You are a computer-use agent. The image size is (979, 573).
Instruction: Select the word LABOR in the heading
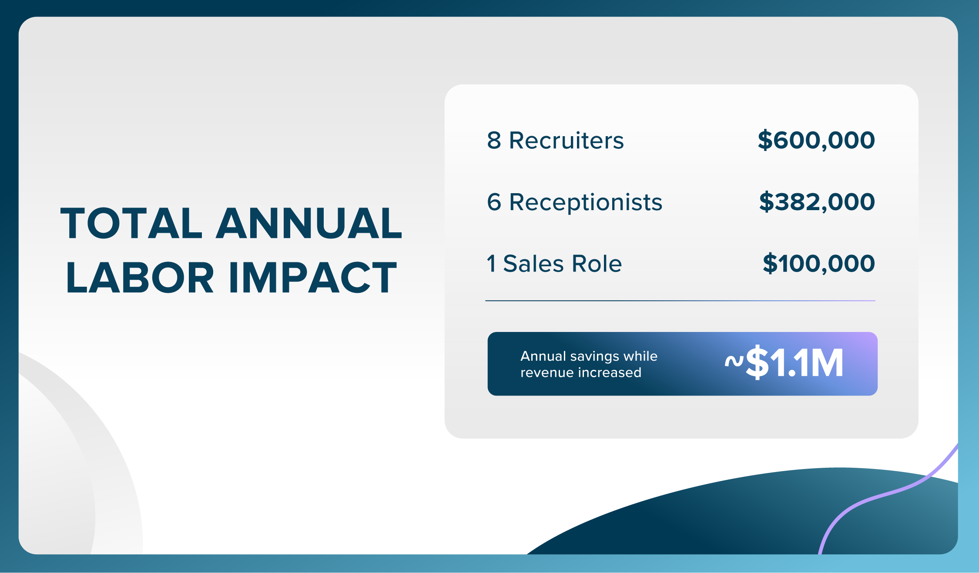coord(140,278)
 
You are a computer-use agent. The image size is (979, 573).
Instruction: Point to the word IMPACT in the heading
coord(313,278)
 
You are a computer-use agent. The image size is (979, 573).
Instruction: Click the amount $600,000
coord(816,141)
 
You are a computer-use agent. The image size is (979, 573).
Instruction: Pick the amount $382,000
coord(817,202)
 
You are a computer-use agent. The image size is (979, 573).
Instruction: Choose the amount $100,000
coord(819,264)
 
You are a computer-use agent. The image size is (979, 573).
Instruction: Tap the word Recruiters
coord(567,141)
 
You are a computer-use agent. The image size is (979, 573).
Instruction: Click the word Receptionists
coord(586,203)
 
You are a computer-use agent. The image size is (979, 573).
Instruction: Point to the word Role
coord(597,264)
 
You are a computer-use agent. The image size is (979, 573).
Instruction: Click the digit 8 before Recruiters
coord(494,141)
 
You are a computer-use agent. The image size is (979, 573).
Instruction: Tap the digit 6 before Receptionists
coord(494,202)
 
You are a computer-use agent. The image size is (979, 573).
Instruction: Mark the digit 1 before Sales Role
coord(491,264)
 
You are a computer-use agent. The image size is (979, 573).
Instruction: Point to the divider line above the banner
coord(681,301)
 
